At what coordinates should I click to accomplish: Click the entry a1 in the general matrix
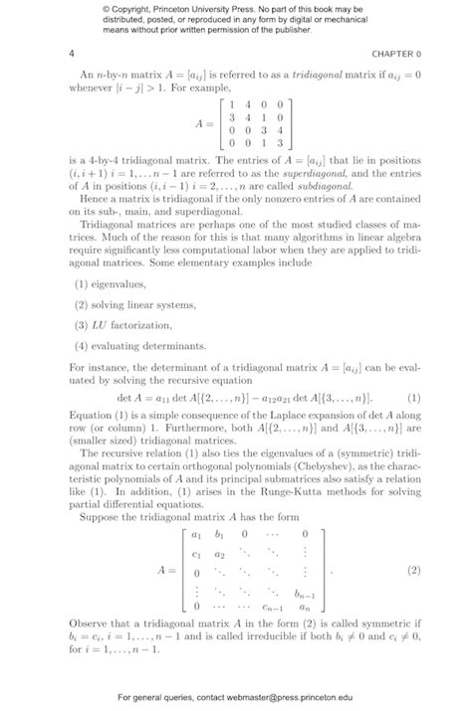tap(197, 534)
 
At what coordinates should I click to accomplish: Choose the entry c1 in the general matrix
tap(197, 553)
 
